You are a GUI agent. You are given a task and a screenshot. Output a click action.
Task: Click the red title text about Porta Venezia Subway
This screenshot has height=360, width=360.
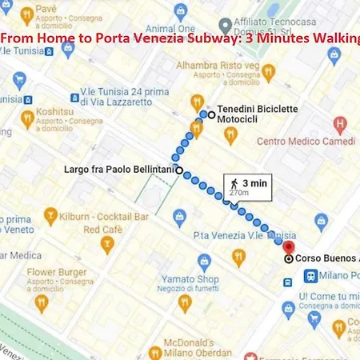(180, 37)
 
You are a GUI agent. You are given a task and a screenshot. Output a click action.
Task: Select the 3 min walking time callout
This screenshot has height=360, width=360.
(247, 186)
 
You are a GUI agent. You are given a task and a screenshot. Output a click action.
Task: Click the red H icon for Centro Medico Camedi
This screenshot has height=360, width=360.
(341, 125)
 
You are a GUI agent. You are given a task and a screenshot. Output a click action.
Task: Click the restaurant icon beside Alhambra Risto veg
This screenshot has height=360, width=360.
(268, 73)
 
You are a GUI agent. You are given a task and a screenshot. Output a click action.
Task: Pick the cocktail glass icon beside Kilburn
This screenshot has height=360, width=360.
(50, 216)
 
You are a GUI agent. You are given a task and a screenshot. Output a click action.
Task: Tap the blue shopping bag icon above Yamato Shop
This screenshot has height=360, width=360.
(204, 262)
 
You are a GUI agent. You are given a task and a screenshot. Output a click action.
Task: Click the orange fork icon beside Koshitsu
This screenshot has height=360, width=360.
(27, 119)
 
